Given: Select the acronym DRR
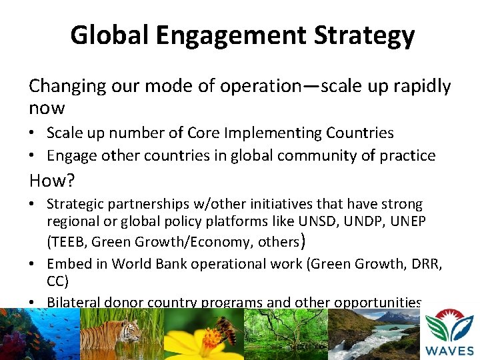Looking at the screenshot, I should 423,263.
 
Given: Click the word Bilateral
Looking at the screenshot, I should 73,303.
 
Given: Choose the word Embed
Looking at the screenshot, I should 67,263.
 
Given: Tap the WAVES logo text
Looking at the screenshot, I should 451,350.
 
